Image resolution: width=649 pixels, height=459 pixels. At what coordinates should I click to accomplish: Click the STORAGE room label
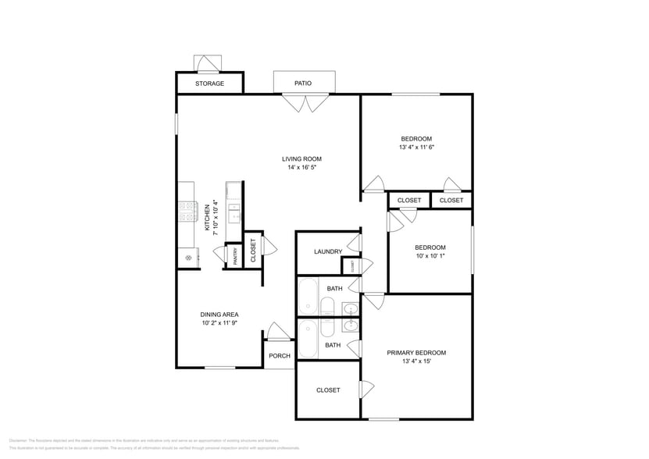209,84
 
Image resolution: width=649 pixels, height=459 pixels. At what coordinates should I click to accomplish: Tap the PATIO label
303,83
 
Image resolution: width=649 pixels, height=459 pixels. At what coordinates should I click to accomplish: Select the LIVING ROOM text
301,159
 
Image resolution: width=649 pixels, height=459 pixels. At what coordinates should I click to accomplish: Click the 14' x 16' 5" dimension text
301,168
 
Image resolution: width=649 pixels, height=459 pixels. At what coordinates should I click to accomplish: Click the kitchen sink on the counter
234,212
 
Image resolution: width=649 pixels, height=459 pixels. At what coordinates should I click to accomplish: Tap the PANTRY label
235,257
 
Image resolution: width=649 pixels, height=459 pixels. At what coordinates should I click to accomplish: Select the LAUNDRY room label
328,251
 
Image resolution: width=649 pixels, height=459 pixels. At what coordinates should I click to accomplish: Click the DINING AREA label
219,315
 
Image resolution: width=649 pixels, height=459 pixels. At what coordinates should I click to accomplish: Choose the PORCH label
279,356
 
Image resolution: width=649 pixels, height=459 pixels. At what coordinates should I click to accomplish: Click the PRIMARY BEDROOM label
416,353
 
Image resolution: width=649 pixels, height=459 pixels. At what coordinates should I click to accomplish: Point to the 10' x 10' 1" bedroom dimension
430,255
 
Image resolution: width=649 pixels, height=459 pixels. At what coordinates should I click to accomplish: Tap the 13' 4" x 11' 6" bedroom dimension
416,147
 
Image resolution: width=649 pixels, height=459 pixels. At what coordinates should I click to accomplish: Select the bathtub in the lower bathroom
308,337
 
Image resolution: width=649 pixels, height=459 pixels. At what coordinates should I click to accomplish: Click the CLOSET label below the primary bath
328,390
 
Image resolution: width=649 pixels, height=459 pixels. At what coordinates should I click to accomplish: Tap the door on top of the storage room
208,63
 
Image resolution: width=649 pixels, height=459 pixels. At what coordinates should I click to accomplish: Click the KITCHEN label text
207,219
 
